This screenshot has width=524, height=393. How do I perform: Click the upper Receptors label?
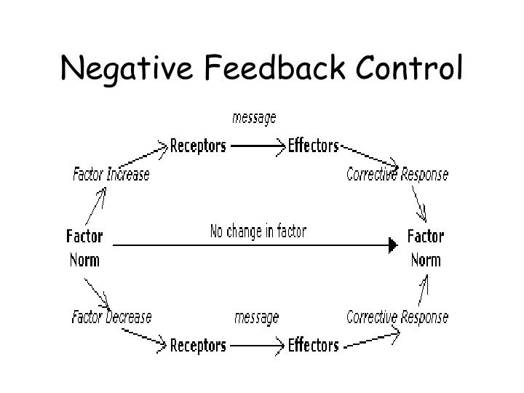tap(198, 146)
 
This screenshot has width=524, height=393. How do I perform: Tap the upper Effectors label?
tap(314, 146)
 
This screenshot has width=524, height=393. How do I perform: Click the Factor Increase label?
tap(111, 175)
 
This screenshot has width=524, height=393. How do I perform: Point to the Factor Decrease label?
tap(111, 317)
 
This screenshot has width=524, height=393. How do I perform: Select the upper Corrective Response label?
tap(397, 175)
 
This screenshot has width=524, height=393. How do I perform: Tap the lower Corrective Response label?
tap(397, 317)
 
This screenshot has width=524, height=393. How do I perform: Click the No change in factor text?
tap(258, 232)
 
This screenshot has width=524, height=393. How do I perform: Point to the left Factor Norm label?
tap(84, 248)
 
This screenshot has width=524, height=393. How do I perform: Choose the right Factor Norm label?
tap(425, 248)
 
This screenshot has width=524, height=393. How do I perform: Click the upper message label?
tap(254, 116)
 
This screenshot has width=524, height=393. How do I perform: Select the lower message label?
tap(256, 317)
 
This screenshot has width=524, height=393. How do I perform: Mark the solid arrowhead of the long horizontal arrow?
tap(394, 246)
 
